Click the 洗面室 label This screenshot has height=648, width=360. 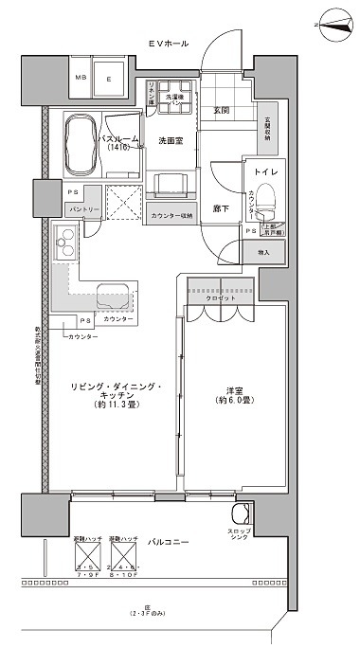coord(171,141)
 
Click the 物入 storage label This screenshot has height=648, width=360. coord(262,253)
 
